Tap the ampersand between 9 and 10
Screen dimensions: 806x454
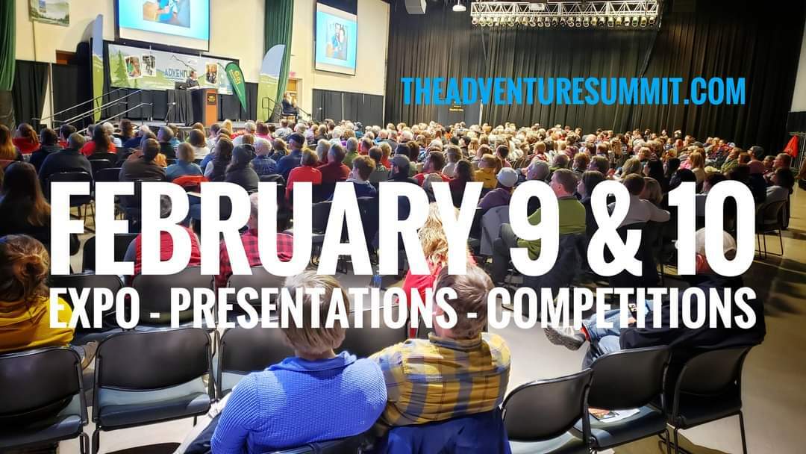[x=620, y=228]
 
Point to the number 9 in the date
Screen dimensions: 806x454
[x=534, y=228]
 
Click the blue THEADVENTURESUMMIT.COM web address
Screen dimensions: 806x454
[x=573, y=91]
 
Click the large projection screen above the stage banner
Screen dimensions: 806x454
[x=164, y=22]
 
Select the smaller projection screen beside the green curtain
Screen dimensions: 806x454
[x=336, y=39]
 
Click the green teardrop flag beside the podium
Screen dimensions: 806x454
[x=237, y=85]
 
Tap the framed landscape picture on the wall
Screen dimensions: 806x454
[x=49, y=11]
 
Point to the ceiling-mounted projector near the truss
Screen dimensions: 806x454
[x=458, y=7]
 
